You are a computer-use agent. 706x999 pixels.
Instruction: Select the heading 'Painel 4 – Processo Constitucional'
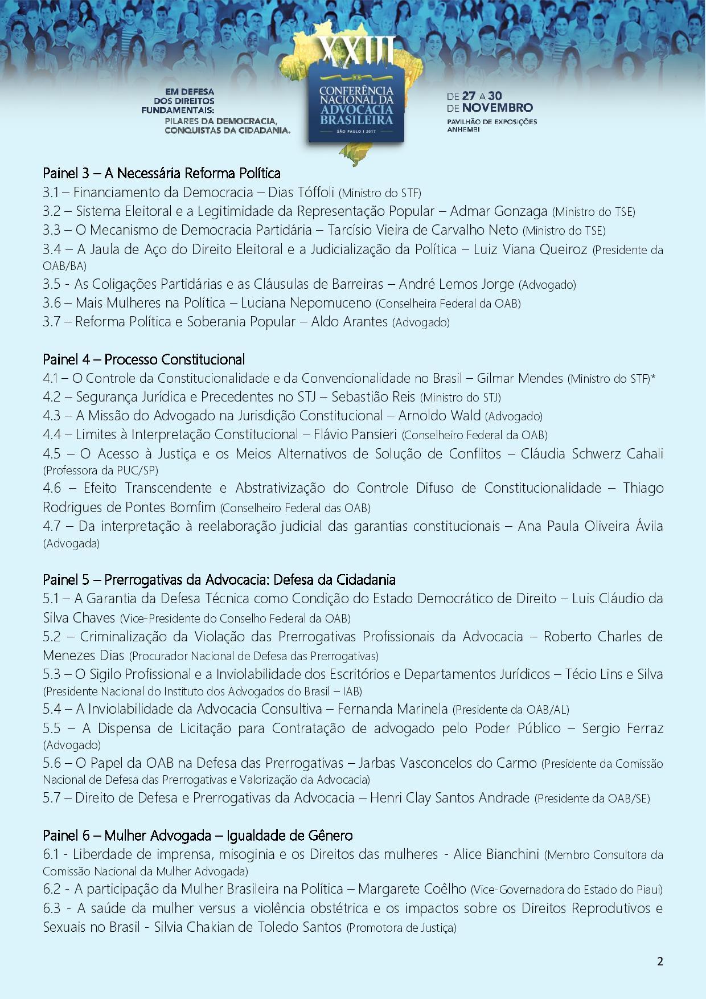coord(144,359)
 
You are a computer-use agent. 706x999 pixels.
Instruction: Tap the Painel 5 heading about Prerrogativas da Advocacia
coord(219,580)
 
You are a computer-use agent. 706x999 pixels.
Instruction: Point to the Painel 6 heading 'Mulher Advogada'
coord(198,836)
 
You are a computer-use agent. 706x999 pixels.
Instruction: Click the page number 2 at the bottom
coord(660,962)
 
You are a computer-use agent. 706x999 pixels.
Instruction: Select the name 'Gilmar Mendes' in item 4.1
coord(520,378)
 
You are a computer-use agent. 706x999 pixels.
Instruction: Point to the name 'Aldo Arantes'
coord(349,322)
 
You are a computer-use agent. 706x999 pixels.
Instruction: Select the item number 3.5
coord(53,284)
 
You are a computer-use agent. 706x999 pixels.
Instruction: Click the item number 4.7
coord(53,526)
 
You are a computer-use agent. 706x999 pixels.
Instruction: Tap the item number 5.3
coord(53,674)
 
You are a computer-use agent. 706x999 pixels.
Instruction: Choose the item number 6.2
coord(53,889)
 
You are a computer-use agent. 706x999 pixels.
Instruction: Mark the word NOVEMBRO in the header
coord(497,108)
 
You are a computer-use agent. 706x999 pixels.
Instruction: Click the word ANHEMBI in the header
coord(463,130)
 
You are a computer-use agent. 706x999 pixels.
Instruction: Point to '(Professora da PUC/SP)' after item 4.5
coord(100,471)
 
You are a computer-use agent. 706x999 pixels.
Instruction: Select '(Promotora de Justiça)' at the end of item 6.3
coord(401,928)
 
